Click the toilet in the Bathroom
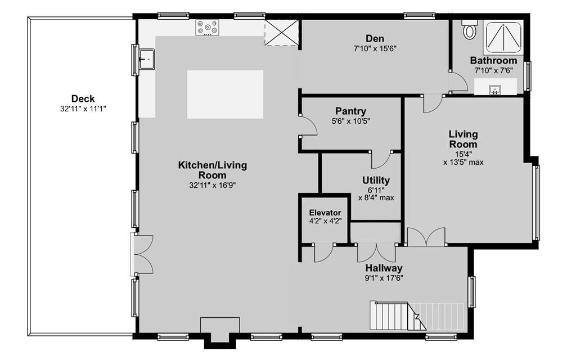(470, 29)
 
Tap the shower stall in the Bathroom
(503, 37)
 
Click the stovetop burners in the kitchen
(207, 28)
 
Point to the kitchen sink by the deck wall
(147, 58)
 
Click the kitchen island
(225, 94)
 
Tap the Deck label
(83, 98)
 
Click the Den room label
(375, 38)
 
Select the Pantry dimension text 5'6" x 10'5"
(351, 121)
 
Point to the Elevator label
(325, 212)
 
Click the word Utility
(376, 180)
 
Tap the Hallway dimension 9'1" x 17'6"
(384, 278)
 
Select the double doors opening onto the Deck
(142, 254)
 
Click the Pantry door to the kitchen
(308, 125)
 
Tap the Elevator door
(323, 253)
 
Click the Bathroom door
(458, 82)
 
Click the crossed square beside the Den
(281, 33)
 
